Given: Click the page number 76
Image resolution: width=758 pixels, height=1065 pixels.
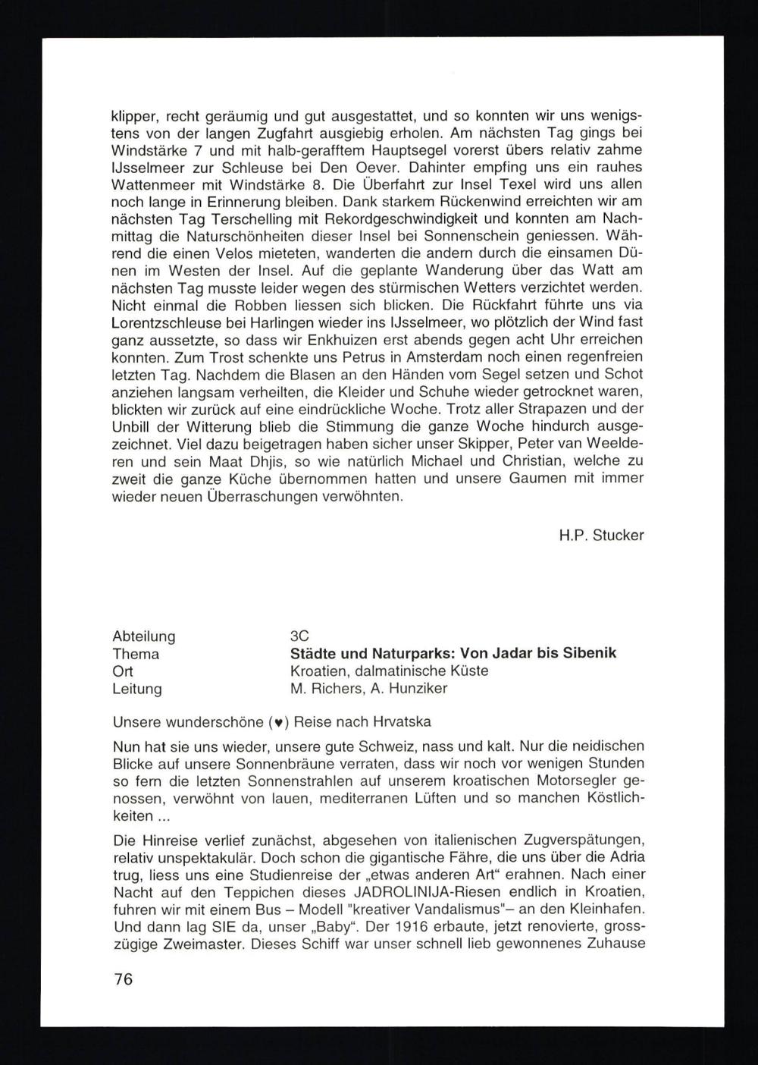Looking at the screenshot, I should tap(123, 979).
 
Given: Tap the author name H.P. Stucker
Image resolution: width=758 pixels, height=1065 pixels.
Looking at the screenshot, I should tap(601, 536).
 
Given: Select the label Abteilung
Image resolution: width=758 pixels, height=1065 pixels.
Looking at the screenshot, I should tap(144, 636).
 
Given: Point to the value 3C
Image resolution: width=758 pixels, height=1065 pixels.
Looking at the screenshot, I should tap(300, 636).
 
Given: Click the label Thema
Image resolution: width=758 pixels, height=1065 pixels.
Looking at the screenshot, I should tap(136, 654).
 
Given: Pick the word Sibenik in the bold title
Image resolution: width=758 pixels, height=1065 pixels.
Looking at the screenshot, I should tap(589, 653).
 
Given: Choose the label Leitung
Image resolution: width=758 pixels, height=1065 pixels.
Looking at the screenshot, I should tap(137, 689).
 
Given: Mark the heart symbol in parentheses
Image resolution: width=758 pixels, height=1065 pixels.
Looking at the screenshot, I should tap(280, 722).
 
